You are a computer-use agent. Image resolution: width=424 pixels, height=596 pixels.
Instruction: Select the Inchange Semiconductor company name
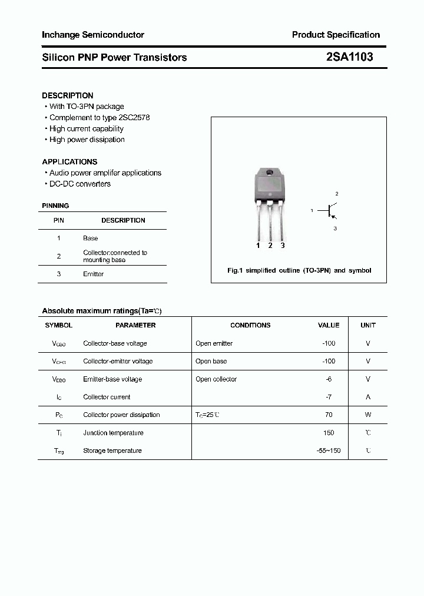(x=92, y=35)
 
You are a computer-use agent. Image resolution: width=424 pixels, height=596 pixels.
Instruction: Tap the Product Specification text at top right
(x=336, y=35)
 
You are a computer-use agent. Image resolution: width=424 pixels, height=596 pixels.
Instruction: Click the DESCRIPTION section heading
(x=68, y=95)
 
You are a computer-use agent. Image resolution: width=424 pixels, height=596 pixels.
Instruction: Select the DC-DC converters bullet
(x=79, y=184)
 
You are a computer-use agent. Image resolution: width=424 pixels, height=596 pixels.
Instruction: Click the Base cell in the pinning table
(x=91, y=238)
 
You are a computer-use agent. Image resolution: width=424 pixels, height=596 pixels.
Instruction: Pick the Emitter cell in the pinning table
(x=93, y=274)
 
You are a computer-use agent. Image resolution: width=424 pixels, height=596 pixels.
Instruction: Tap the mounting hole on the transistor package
(x=270, y=173)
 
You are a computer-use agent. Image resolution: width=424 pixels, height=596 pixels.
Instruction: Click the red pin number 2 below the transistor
(x=270, y=246)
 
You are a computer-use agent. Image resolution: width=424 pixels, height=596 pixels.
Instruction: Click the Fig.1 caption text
(x=299, y=270)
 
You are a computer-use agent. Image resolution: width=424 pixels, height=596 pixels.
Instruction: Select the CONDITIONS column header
(x=250, y=325)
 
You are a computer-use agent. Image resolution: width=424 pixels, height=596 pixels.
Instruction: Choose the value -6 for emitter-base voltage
(x=329, y=379)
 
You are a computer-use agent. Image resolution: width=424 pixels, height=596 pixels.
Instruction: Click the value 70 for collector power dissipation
(x=329, y=415)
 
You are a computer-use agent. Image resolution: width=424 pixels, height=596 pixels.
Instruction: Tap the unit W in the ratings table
(x=368, y=415)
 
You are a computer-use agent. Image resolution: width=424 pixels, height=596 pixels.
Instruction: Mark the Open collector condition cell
(x=216, y=379)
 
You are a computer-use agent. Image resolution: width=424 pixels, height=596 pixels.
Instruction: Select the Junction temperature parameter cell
(x=113, y=433)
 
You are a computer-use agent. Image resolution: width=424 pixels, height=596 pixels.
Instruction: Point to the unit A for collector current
(x=368, y=397)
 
